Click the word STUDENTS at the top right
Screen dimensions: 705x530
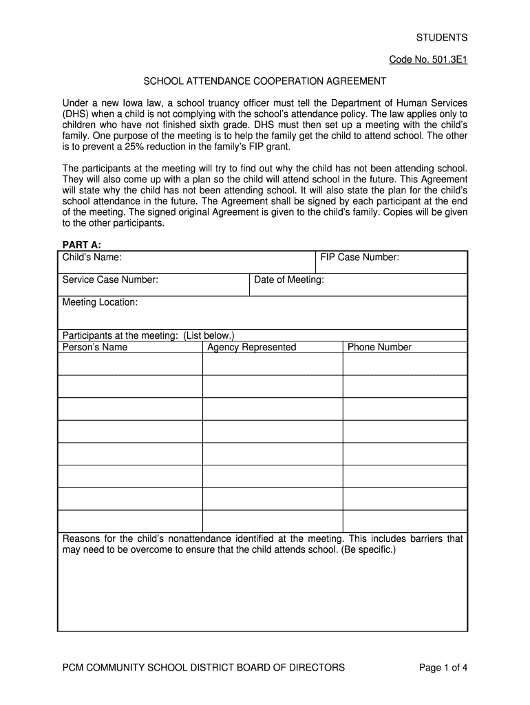coord(441,37)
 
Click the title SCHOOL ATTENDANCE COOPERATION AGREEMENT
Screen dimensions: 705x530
coord(265,81)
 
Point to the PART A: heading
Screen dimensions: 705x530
coord(82,244)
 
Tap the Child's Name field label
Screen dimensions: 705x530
coord(92,257)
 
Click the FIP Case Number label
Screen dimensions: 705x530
coord(360,257)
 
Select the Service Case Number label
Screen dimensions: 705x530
coord(111,280)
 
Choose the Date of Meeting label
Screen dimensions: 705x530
coord(289,280)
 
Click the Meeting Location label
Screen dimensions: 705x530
coord(100,302)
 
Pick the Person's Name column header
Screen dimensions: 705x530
coord(95,347)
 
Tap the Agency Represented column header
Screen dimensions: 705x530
coord(252,347)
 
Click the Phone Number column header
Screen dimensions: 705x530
coord(379,347)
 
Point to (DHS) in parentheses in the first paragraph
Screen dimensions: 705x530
coord(76,114)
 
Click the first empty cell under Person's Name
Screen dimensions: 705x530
coord(130,364)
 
